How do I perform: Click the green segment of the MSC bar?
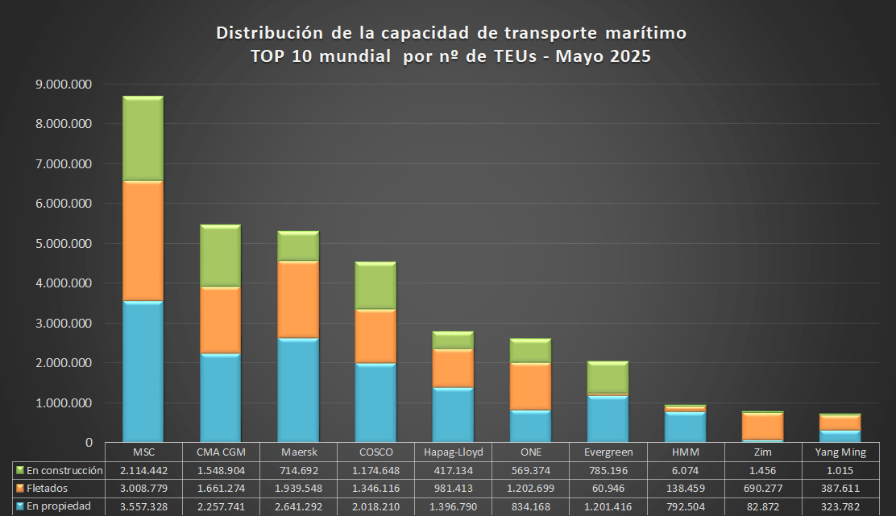(143, 138)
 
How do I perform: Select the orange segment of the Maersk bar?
(298, 299)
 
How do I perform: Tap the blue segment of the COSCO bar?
(375, 402)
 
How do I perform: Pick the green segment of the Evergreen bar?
(608, 377)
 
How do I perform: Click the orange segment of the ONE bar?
(530, 386)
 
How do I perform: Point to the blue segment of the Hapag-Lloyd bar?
(453, 415)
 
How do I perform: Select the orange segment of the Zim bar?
(762, 427)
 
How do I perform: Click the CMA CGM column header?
(221, 452)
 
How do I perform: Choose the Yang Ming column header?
(840, 452)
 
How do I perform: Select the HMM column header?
(685, 452)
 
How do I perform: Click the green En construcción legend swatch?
(19, 470)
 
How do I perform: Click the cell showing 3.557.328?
(143, 506)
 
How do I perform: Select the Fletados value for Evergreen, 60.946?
(608, 488)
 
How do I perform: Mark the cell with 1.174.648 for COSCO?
(375, 470)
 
